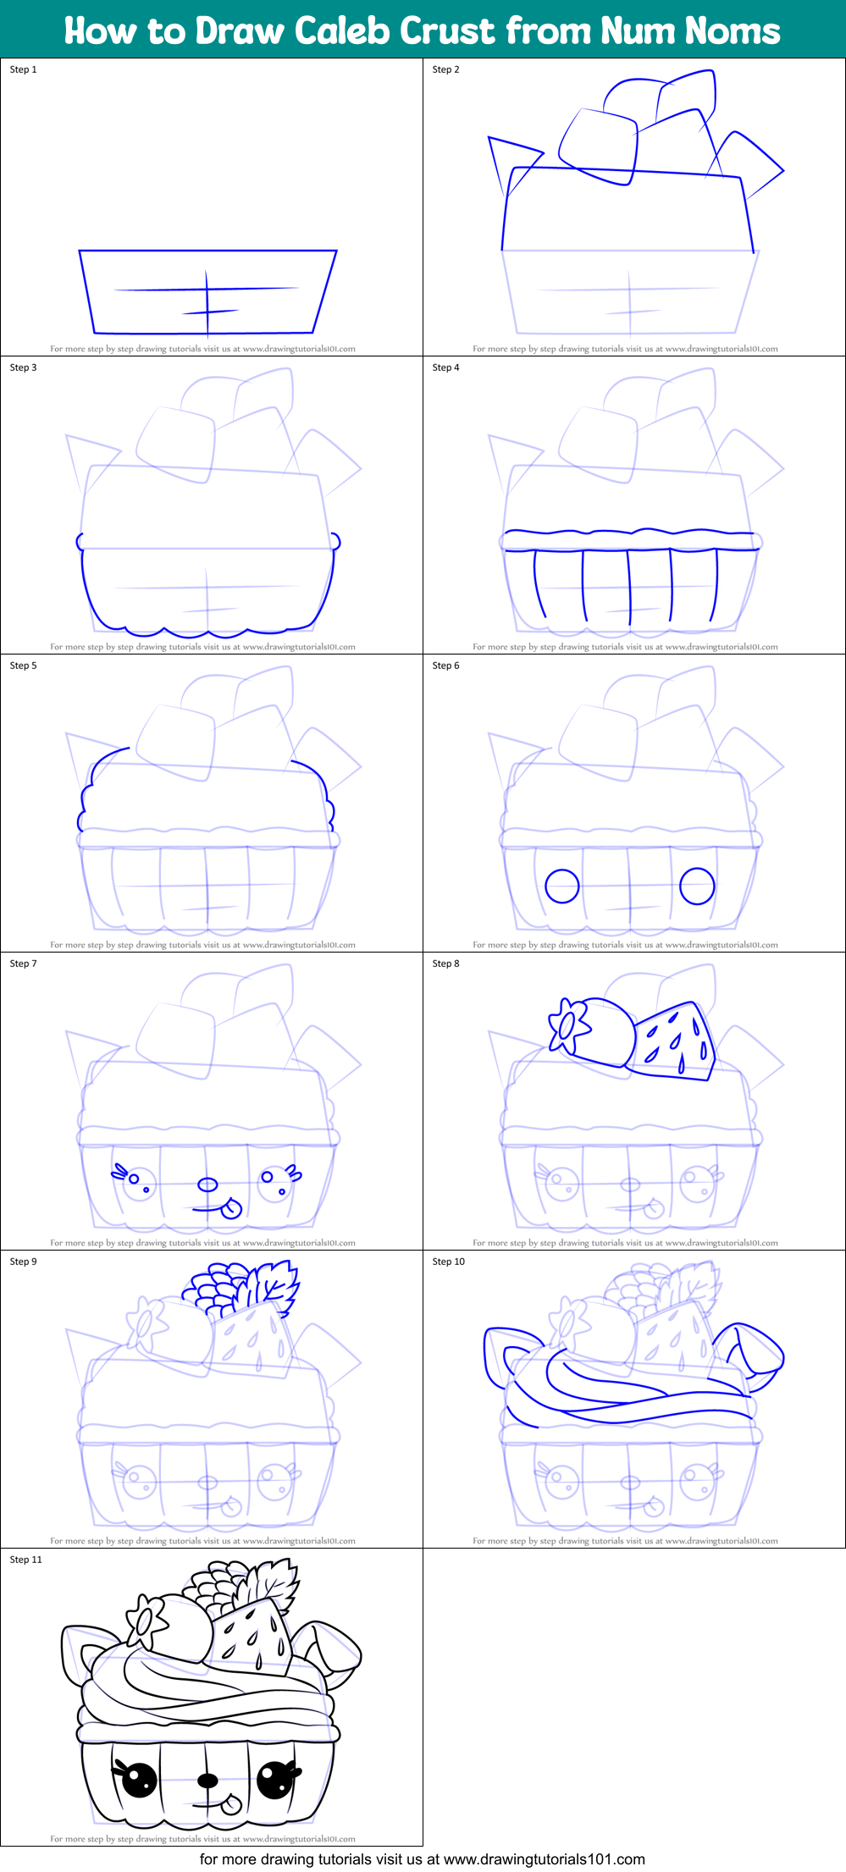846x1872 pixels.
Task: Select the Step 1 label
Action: [x=24, y=69]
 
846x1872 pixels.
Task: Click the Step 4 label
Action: [x=445, y=367]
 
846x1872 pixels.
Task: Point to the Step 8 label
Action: [x=445, y=964]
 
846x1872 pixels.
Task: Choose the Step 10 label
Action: [x=448, y=1262]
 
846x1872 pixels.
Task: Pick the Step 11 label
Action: [x=25, y=1560]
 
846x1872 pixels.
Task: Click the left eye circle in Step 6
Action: [x=561, y=886]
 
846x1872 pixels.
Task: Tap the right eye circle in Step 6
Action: [x=697, y=886]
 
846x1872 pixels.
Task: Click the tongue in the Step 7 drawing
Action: [x=231, y=1208]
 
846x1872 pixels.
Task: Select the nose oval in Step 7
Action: [x=207, y=1184]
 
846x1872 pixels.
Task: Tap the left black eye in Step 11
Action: [x=140, y=1781]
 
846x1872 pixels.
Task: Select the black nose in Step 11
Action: [x=207, y=1781]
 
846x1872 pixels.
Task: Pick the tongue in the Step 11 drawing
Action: [x=231, y=1804]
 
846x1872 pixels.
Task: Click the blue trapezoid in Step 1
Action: [x=207, y=291]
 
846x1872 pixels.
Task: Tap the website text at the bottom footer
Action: [x=422, y=1859]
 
